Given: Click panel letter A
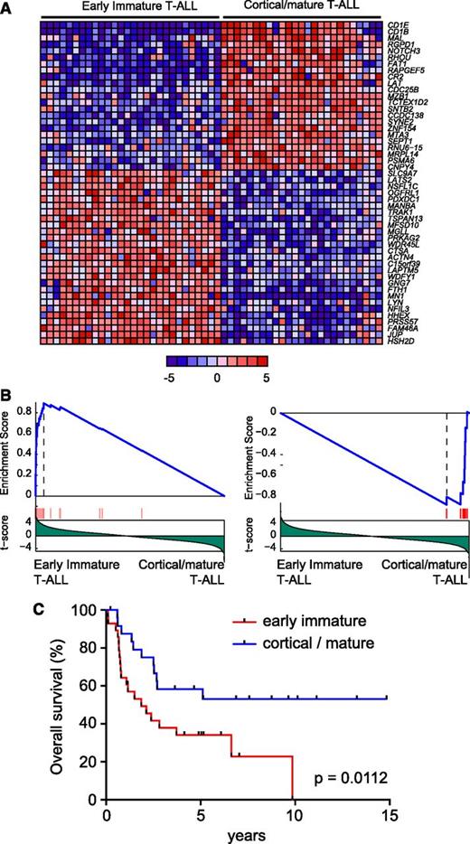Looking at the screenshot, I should pos(6,7).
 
